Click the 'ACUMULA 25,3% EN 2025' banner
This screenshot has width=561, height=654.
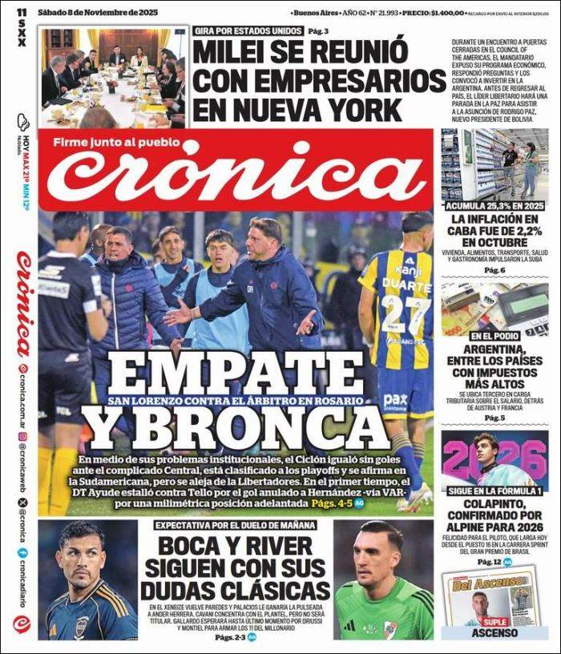coord(494,206)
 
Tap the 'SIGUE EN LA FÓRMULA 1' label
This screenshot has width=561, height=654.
coord(494,490)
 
